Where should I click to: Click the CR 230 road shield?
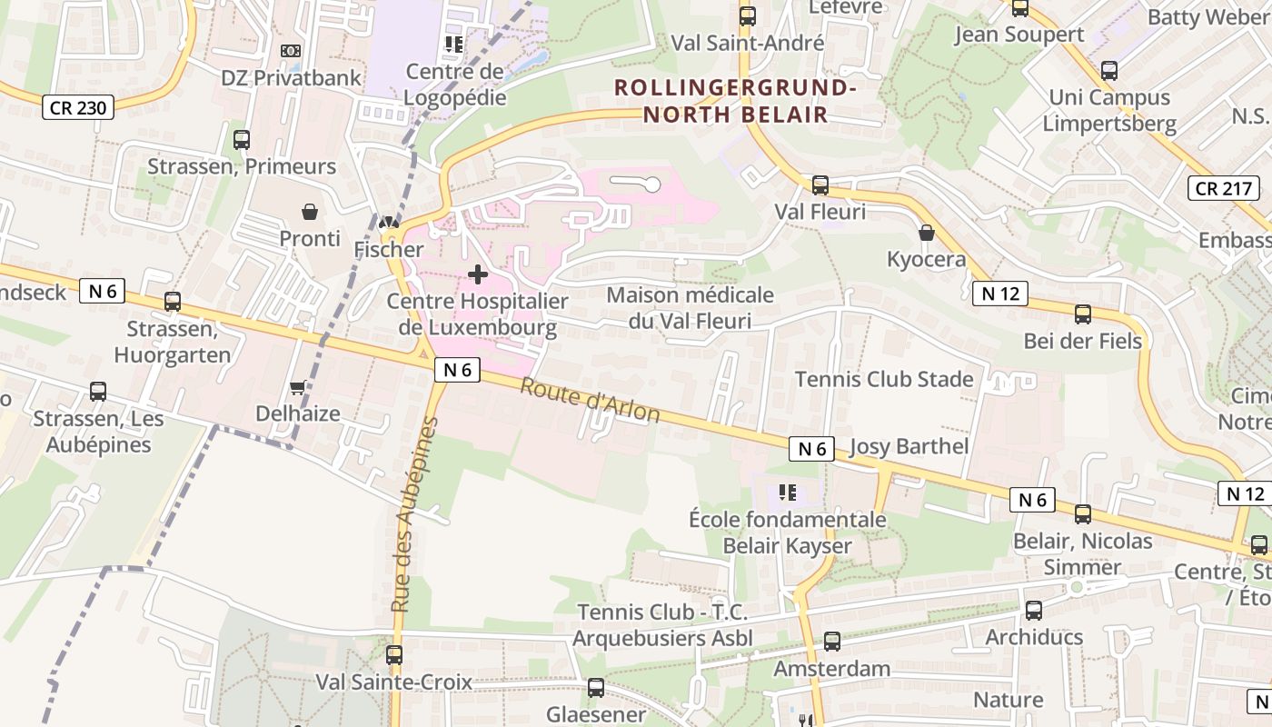(79, 107)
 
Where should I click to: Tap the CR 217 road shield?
(1224, 188)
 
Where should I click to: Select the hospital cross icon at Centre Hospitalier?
(478, 274)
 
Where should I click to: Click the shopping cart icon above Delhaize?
(297, 388)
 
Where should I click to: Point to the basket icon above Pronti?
(310, 212)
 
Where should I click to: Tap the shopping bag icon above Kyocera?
(927, 233)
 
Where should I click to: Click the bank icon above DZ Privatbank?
(291, 51)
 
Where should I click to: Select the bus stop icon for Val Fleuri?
(820, 185)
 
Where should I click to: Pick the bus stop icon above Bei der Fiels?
(1083, 314)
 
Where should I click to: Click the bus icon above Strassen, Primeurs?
(242, 140)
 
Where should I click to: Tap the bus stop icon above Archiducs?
(1034, 610)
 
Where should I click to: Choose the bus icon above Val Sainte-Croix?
(394, 654)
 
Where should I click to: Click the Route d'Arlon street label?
(590, 401)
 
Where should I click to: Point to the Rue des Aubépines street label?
(415, 514)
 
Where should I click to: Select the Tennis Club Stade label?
(884, 379)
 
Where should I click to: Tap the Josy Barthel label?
(909, 446)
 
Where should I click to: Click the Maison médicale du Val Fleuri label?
(691, 308)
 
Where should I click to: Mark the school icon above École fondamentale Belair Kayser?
(788, 493)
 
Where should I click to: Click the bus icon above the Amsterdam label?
(832, 642)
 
